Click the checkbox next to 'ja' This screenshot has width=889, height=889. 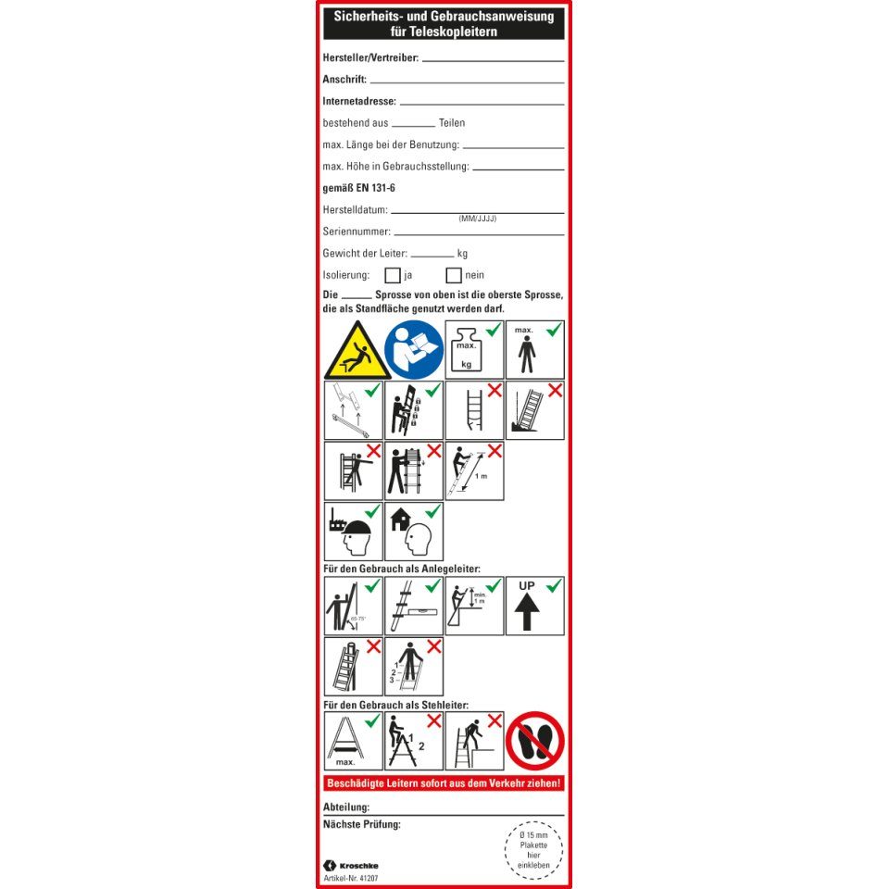(x=393, y=275)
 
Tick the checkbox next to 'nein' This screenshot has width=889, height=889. (x=454, y=275)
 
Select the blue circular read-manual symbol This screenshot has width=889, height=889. (x=414, y=349)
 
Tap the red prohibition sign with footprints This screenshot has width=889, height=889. (x=534, y=741)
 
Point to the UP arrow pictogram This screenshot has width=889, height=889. (x=534, y=606)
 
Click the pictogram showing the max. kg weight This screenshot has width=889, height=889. (x=474, y=349)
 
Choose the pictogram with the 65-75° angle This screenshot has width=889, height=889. (x=354, y=606)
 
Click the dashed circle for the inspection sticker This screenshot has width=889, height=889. (x=534, y=850)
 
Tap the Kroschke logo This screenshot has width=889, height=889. (x=353, y=865)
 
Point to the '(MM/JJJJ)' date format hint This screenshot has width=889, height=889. (x=478, y=219)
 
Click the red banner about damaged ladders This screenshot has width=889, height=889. (x=444, y=783)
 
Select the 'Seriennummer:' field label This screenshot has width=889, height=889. (x=357, y=232)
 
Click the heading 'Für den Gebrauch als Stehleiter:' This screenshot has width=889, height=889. (x=395, y=705)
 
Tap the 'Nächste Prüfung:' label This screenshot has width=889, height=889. (x=361, y=824)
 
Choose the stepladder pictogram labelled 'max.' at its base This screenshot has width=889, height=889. (x=354, y=741)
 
